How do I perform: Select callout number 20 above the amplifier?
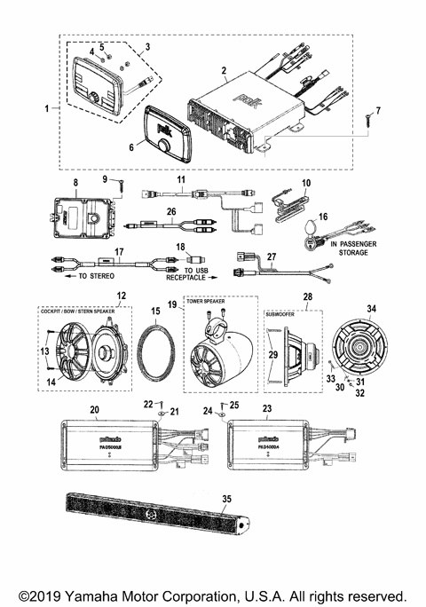click(95, 410)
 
